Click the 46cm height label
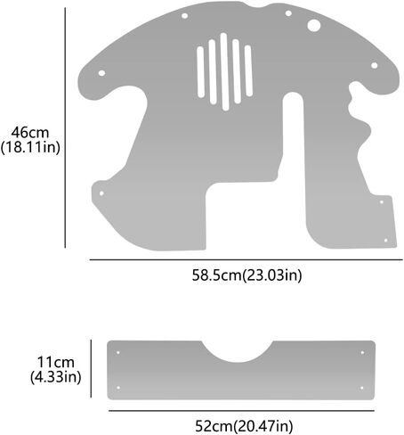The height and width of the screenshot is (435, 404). pos(30,131)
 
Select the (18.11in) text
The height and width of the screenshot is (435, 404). pos(30,147)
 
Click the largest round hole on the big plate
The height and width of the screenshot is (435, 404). pos(313,26)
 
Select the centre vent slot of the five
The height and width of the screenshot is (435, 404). pos(224,70)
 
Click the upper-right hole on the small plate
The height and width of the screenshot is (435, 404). pos(361,354)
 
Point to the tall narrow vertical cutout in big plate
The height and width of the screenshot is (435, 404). pos(292,143)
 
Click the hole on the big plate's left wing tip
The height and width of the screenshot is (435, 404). pos(101,72)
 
